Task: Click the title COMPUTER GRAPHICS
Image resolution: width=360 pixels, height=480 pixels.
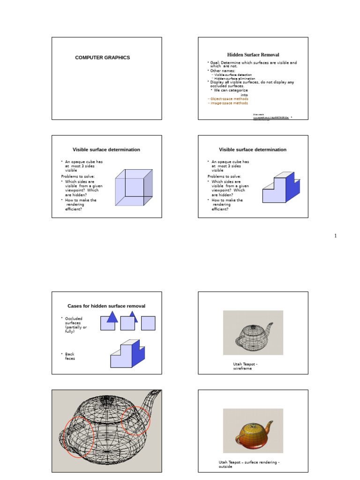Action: point(103,58)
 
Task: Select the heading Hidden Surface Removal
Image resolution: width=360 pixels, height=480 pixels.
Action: point(253,55)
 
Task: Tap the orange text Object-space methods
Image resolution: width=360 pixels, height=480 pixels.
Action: point(228,99)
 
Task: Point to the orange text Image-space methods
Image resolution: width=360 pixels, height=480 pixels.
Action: point(228,103)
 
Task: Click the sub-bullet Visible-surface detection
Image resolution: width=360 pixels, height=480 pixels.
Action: point(232,75)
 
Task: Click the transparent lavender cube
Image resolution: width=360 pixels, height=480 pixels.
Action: point(134,187)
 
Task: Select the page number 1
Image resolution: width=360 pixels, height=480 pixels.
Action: point(335,236)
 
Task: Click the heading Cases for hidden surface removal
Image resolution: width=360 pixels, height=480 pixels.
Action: point(106,306)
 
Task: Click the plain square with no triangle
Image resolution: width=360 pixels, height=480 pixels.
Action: point(148,323)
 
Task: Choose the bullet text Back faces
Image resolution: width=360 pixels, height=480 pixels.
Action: point(69,356)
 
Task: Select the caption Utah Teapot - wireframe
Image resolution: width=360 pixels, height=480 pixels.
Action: point(245,366)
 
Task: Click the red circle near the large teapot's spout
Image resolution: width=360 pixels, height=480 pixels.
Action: point(136,420)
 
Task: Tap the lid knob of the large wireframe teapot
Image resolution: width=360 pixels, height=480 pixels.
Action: point(107,398)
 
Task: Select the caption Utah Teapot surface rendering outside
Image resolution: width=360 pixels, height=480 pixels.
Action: point(248,464)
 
